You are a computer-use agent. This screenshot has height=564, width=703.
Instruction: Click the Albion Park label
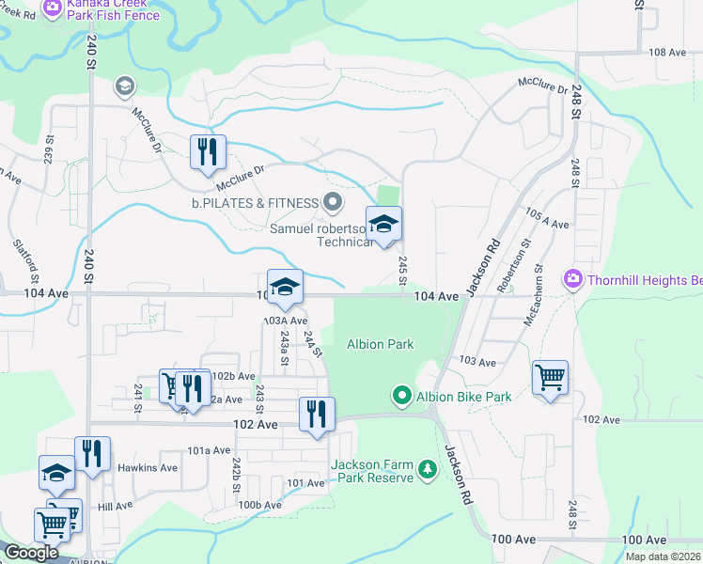(x=380, y=344)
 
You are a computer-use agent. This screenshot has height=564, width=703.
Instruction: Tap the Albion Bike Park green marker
(x=402, y=397)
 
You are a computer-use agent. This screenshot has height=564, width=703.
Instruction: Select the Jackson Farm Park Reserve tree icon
(x=428, y=468)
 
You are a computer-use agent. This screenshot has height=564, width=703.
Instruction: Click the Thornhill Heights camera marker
(x=571, y=279)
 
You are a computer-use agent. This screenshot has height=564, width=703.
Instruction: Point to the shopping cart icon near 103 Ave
(x=550, y=378)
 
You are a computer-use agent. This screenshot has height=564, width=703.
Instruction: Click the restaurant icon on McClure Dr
(x=208, y=152)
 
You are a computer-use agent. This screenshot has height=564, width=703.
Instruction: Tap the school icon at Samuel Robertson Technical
(x=383, y=224)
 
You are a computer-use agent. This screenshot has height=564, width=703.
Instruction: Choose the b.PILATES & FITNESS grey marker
(x=332, y=202)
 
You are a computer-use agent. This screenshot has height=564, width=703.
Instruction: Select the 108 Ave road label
(x=667, y=53)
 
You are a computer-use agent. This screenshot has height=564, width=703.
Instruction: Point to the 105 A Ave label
(x=549, y=224)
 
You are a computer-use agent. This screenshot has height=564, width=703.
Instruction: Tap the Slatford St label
(x=28, y=260)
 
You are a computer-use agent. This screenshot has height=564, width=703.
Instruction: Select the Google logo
(x=31, y=553)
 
